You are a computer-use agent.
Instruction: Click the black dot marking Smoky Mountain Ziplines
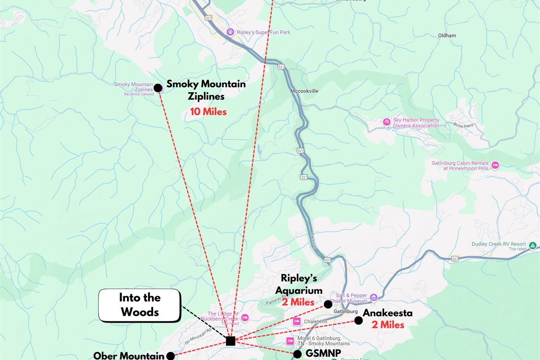[x=158, y=88]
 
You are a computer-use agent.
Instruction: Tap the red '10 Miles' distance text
[x=208, y=112]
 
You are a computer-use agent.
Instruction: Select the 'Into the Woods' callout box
[x=139, y=305]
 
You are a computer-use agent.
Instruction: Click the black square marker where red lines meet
[x=230, y=341]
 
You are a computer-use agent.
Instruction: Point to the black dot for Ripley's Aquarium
[x=328, y=304]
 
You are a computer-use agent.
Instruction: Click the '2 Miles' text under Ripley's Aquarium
[x=298, y=302]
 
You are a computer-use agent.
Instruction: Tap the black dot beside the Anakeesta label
[x=358, y=320]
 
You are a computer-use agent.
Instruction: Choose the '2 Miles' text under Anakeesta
[x=388, y=324]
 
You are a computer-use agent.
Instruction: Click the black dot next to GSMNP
[x=297, y=354]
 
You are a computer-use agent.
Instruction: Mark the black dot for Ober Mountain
[x=171, y=356]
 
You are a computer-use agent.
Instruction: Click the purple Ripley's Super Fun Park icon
[x=230, y=32]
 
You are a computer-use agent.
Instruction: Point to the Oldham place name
[x=447, y=36]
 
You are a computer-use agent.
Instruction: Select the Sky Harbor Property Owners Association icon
[x=386, y=121]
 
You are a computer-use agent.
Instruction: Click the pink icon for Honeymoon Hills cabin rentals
[x=495, y=165]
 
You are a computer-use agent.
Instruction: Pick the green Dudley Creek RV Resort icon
[x=532, y=246]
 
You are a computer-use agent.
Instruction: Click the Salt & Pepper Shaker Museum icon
[x=373, y=297]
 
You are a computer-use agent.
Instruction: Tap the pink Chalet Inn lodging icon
[x=297, y=321]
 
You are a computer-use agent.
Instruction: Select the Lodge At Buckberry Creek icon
[x=244, y=317]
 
